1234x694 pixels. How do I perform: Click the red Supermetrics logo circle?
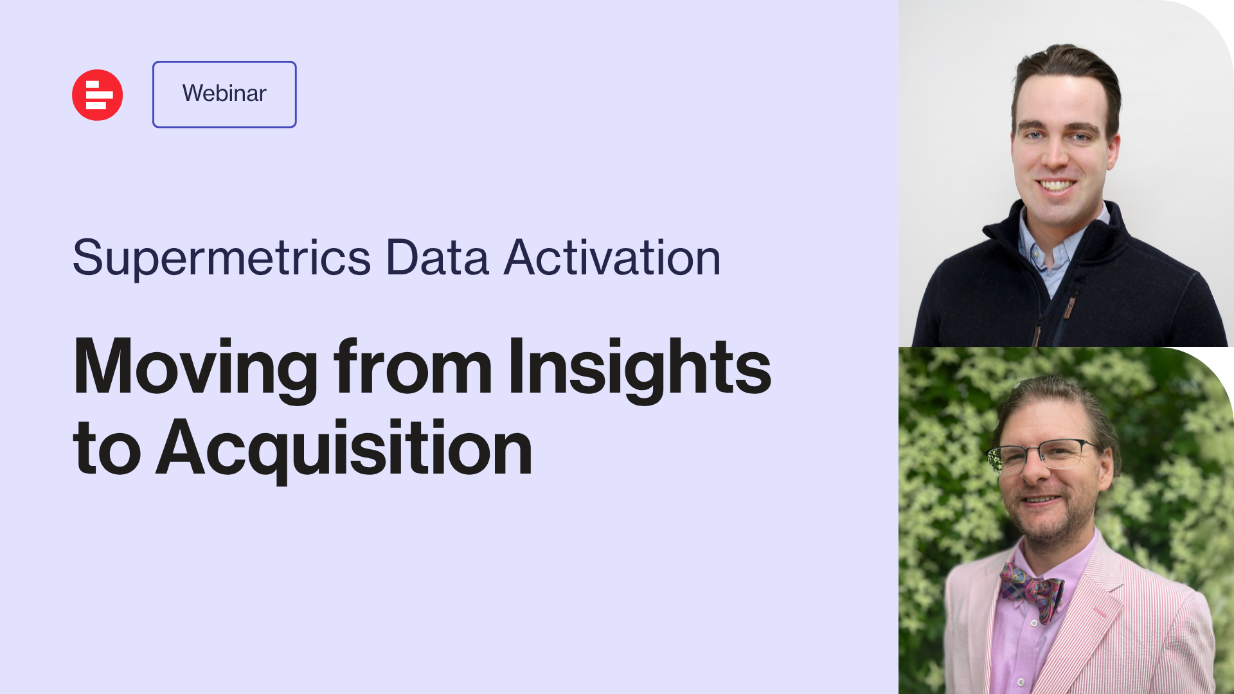coord(97,95)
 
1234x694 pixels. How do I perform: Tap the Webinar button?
coord(224,94)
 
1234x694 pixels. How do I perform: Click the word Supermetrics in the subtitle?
coord(222,258)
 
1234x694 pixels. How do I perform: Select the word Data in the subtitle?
coord(437,258)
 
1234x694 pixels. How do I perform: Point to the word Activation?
coord(612,258)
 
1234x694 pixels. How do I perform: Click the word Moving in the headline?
coord(196,368)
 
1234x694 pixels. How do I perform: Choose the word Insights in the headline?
coord(640,368)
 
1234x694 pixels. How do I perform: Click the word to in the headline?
coord(107,448)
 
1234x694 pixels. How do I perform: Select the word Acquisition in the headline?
coord(344,449)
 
